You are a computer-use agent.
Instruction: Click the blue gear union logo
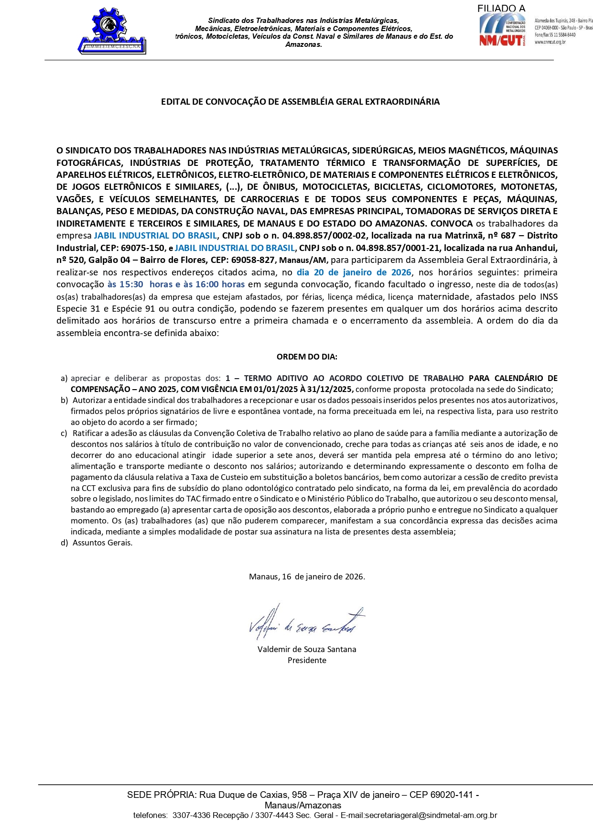click(112, 30)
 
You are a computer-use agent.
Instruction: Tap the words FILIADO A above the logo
click(501, 8)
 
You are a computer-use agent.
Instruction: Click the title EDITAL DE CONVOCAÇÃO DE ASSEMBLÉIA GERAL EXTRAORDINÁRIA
click(300, 102)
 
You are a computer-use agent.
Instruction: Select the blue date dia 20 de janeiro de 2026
click(354, 272)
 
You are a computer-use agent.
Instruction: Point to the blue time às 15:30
click(125, 284)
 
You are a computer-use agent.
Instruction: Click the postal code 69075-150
click(144, 248)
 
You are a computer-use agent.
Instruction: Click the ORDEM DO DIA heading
click(307, 357)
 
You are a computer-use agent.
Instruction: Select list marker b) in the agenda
click(64, 400)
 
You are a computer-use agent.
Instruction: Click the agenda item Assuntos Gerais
click(102, 543)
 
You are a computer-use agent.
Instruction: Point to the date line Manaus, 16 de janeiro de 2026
click(307, 577)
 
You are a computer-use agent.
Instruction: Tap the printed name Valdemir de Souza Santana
click(307, 649)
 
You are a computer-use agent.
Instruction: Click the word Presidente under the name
click(307, 660)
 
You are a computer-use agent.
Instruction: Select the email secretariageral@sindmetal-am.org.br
click(431, 815)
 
